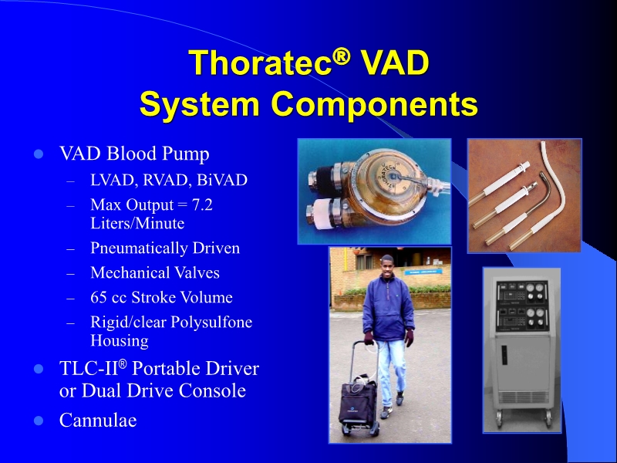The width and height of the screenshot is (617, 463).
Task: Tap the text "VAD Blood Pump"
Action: coord(134,154)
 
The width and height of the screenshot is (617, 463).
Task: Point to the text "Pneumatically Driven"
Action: coord(165,248)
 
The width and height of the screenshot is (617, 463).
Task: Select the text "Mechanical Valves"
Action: coord(155,273)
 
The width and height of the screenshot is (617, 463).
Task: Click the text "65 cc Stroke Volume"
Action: coord(161,297)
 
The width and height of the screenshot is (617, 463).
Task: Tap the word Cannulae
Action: coord(98,421)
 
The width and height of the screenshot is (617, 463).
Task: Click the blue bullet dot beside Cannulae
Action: coord(37,421)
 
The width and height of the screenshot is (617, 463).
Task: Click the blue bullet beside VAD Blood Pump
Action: coord(37,154)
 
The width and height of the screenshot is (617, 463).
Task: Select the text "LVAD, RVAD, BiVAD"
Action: coord(169,181)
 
